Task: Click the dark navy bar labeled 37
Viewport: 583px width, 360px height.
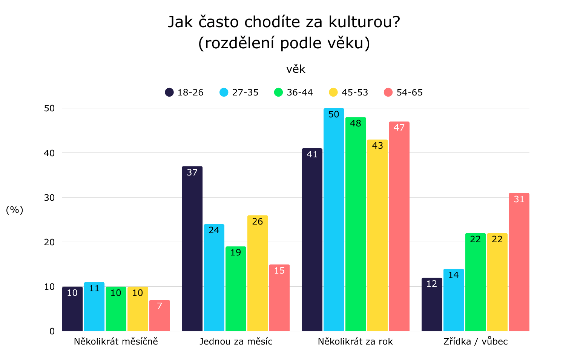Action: pos(192,249)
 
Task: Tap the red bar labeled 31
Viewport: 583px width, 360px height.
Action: pos(519,262)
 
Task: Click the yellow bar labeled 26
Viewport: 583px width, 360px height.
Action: pos(258,273)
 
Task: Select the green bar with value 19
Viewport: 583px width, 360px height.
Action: pos(236,289)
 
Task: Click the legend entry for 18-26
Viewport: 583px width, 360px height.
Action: pos(184,92)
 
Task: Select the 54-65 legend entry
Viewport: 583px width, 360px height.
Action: pos(403,92)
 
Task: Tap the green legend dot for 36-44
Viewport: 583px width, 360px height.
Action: pos(279,92)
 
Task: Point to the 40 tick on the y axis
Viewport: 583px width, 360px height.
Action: pos(49,153)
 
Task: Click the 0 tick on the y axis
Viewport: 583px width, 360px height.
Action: pos(52,331)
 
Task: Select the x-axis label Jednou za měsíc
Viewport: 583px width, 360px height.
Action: pos(236,342)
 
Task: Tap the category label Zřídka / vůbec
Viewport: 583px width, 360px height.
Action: pos(476,342)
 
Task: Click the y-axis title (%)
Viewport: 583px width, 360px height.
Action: pos(15,210)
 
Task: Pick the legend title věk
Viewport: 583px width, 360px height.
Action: pos(296,69)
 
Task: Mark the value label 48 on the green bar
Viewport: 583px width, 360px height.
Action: pos(356,123)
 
